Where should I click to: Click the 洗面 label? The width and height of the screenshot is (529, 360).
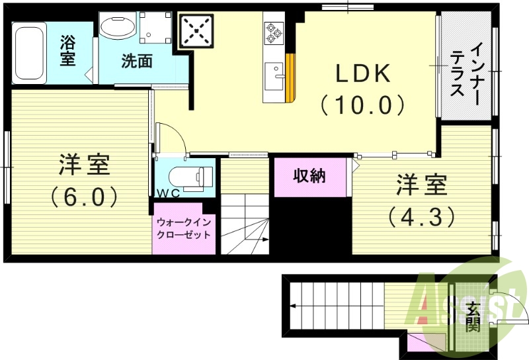pos(137,62)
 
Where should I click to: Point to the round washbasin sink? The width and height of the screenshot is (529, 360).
pos(118,26)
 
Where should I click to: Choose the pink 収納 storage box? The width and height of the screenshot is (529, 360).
pos(309,177)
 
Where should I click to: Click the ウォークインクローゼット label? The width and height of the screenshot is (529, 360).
pos(184,228)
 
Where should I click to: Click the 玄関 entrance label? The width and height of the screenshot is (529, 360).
pos(472,316)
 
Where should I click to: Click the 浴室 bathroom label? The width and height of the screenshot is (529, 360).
pos(67,51)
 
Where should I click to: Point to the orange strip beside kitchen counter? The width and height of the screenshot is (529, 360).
pos(289,77)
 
